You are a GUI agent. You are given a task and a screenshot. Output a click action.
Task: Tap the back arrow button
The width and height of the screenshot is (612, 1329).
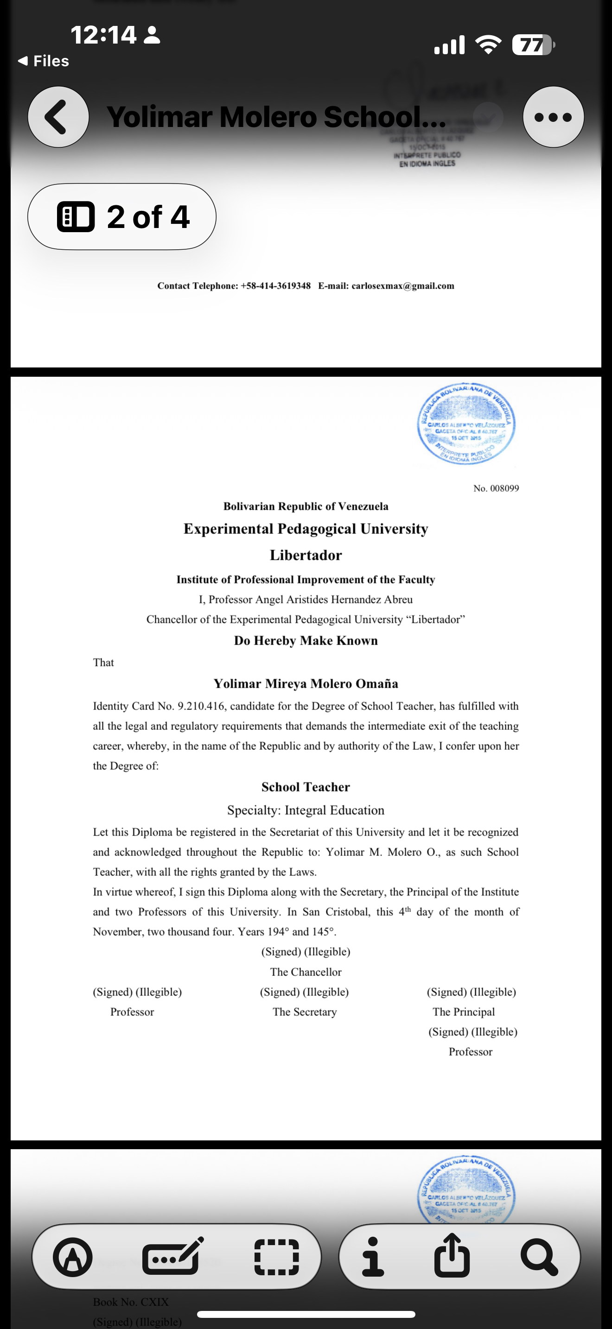tap(58, 117)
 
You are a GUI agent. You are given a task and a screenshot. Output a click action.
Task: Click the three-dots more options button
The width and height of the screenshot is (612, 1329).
tap(553, 117)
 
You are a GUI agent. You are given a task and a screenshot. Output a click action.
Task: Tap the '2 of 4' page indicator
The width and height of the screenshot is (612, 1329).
tap(122, 217)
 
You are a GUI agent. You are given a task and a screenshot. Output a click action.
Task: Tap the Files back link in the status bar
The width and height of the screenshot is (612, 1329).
tap(44, 61)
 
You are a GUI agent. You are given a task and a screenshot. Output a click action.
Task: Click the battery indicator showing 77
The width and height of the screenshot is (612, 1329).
tap(531, 45)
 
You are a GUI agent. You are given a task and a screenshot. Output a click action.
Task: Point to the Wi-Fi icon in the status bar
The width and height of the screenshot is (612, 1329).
tap(488, 45)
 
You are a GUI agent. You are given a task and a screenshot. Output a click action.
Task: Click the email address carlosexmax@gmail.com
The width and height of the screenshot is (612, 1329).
tap(402, 286)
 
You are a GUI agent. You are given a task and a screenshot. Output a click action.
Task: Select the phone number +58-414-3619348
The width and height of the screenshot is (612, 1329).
tap(275, 286)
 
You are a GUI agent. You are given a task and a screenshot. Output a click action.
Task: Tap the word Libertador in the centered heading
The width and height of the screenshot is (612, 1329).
tap(306, 555)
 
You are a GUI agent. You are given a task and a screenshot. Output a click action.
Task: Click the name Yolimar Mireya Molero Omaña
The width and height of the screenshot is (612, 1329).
tap(306, 683)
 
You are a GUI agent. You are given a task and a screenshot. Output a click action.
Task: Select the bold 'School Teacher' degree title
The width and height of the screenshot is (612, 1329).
tap(306, 787)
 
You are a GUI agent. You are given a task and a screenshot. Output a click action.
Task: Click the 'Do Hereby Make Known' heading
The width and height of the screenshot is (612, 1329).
tap(306, 641)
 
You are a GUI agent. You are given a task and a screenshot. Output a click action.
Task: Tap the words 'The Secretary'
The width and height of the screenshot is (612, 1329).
tap(305, 1012)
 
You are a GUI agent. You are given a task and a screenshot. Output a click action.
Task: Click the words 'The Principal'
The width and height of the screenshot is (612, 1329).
tap(463, 1012)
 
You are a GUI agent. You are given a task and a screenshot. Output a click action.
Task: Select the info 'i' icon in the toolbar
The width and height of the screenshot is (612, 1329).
tap(373, 1257)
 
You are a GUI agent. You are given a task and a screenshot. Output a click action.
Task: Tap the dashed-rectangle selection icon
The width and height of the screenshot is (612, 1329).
tap(277, 1257)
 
